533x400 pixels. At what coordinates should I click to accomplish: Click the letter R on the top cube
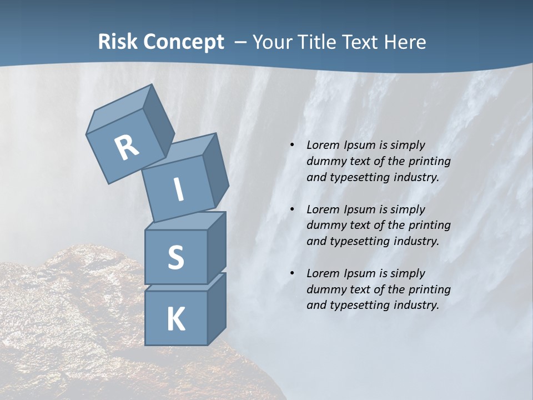click(127, 148)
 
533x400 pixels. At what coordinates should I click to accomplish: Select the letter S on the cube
click(175, 257)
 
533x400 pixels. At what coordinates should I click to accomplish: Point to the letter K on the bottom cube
click(175, 319)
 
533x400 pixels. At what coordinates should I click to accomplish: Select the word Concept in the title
click(184, 42)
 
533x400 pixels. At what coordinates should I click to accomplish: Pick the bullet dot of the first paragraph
click(292, 146)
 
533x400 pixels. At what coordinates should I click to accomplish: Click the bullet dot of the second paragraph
click(292, 209)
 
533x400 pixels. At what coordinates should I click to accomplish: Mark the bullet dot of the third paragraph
click(292, 273)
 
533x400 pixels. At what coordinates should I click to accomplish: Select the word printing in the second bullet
click(429, 226)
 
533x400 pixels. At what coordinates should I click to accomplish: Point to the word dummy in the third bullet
click(324, 289)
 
